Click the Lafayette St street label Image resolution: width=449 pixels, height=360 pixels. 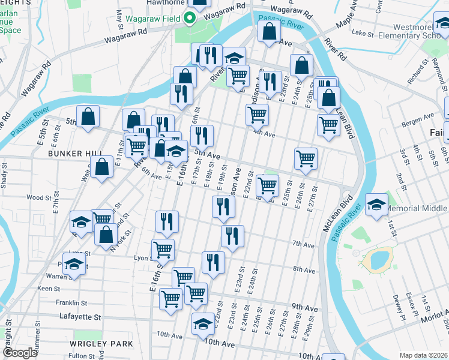point(80,316)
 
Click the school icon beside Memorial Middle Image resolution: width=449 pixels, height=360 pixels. point(376,205)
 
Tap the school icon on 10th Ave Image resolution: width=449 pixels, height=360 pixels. point(203,324)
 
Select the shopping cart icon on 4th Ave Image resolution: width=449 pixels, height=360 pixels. point(257,114)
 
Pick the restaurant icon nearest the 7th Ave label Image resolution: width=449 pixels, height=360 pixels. point(232,236)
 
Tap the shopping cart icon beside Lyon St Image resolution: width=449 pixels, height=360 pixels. point(163,249)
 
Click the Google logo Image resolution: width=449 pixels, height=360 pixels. point(20,353)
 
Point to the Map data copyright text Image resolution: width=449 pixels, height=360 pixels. point(424,355)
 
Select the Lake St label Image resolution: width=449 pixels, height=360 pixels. point(363,33)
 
